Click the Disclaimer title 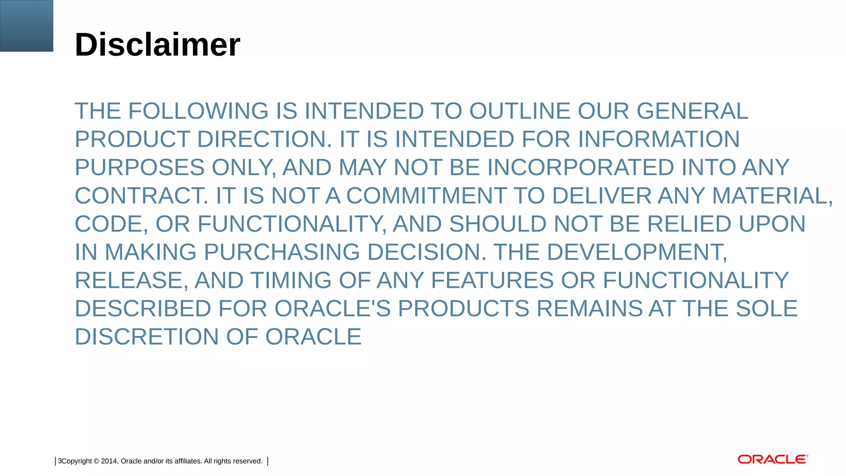pos(157,45)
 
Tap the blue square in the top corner pos(26,26)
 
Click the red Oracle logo pos(772,459)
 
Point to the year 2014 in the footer pos(109,461)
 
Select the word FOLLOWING pos(198,111)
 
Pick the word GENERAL pos(692,111)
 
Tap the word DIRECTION pos(264,139)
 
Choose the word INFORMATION pos(658,139)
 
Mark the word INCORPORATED pos(580,167)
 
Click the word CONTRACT pos(141,195)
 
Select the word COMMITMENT pos(426,195)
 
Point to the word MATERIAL pos(772,195)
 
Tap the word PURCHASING pos(282,252)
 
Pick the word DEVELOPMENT pos(637,252)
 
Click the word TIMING pos(291,280)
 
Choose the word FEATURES pos(492,280)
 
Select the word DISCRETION pos(147,337)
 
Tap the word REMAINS pos(589,309)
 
